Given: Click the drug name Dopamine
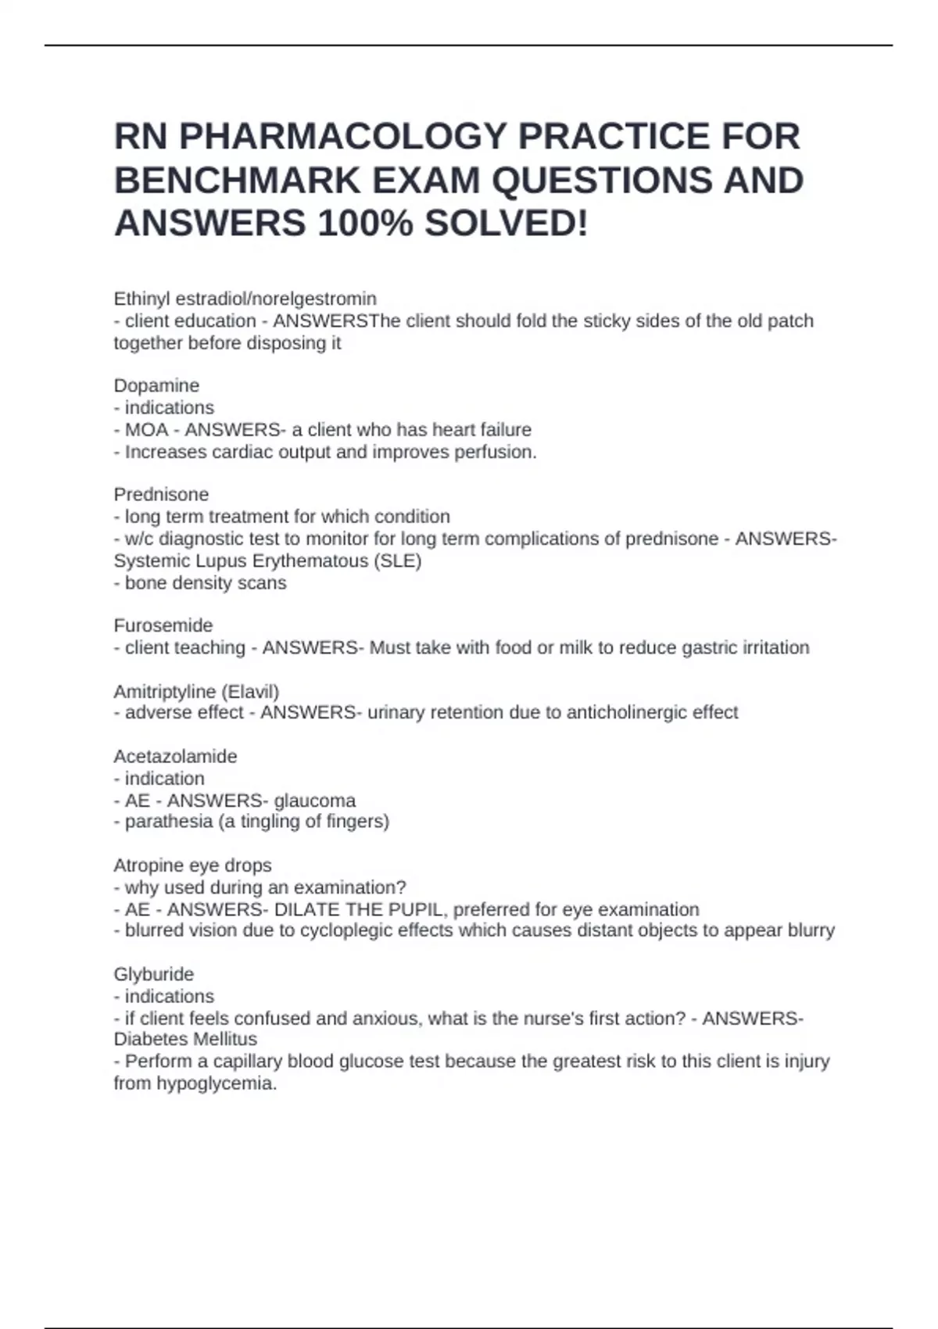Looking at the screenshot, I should (x=156, y=385).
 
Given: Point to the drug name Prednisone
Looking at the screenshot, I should (x=161, y=494).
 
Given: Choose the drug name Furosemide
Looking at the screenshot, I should (x=163, y=625).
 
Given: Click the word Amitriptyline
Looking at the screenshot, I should (x=164, y=692).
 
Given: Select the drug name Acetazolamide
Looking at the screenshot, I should (x=175, y=757).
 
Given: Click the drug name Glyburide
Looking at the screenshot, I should (x=154, y=974).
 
